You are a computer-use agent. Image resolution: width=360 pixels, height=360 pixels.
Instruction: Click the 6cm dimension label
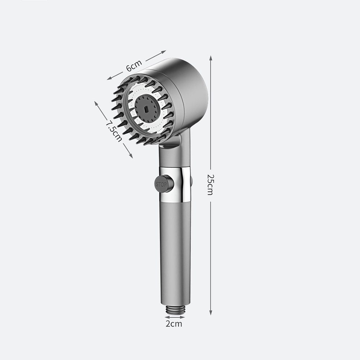134,66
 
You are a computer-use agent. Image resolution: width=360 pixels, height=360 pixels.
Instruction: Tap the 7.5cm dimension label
114,131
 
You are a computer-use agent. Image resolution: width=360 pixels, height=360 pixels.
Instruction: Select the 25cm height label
210,185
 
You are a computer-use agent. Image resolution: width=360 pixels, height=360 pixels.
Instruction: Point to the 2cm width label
174,324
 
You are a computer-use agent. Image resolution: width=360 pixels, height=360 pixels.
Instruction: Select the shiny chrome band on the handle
175,185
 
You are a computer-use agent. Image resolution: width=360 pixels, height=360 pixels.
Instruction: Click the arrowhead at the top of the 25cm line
211,58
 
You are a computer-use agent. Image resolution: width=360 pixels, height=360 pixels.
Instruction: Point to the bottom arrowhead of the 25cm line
211,312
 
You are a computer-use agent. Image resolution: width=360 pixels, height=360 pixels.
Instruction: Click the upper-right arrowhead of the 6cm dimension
163,51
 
